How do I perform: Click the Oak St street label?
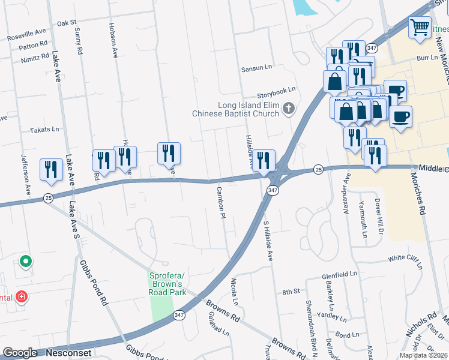(67, 23)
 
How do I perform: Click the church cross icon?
(289, 109)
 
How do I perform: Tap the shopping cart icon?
(420, 27)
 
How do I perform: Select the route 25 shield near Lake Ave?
(47, 197)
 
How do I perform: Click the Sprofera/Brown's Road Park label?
(167, 284)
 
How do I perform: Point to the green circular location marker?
(25, 262)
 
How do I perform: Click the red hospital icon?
(22, 296)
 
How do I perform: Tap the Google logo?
(20, 353)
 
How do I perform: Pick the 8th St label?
(291, 292)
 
